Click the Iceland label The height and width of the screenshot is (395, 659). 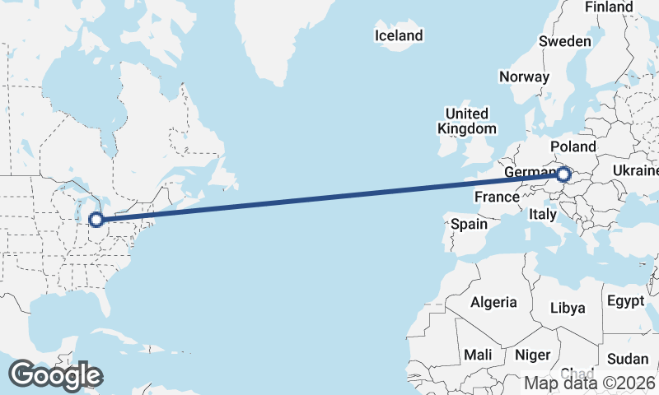[x=399, y=35]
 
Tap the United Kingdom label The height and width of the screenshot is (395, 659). [x=467, y=121]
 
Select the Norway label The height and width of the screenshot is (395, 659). [x=524, y=77]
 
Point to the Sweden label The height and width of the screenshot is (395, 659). [x=565, y=41]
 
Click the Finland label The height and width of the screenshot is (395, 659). [x=609, y=7]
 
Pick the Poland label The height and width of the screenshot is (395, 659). [x=573, y=146]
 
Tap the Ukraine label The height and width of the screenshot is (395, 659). [x=636, y=170]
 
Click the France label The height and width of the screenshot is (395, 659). [x=497, y=197]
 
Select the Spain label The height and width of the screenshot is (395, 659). [x=469, y=223]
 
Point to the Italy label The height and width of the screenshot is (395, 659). [x=543, y=214]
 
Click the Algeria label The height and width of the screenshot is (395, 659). [x=494, y=302]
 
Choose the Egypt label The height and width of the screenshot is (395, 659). [x=626, y=300]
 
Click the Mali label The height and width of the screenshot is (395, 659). [x=478, y=355]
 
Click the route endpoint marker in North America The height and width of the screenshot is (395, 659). [x=96, y=220]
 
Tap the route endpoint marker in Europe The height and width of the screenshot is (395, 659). [x=563, y=174]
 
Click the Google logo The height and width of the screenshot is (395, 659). [x=55, y=375]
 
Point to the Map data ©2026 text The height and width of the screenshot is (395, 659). [x=591, y=383]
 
